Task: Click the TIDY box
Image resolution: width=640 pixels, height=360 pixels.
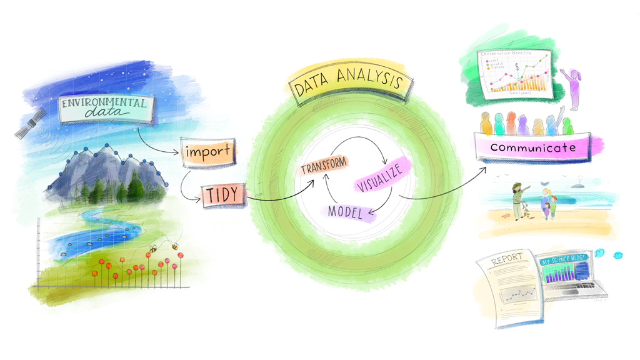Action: pos(221,195)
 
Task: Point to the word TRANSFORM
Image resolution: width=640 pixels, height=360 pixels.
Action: pos(323,168)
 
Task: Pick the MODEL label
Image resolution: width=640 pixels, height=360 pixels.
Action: pos(346,211)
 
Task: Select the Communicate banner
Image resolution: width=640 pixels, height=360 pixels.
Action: pos(532,148)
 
